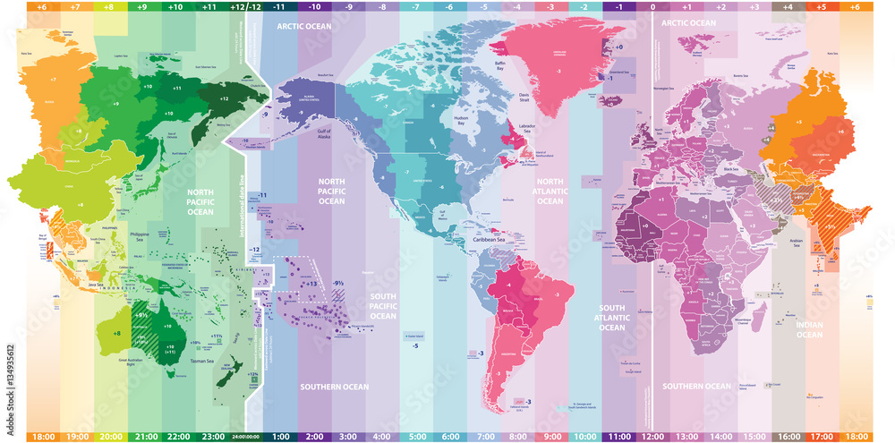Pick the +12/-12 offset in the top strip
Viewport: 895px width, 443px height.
pos(244,6)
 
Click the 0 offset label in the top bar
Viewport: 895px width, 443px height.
pos(652,6)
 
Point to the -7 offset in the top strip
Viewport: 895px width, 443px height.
pos(414,6)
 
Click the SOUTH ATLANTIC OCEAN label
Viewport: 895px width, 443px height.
pos(612,317)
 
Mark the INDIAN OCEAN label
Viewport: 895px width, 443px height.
pos(809,329)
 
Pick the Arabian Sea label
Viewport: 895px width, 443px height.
pos(789,242)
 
